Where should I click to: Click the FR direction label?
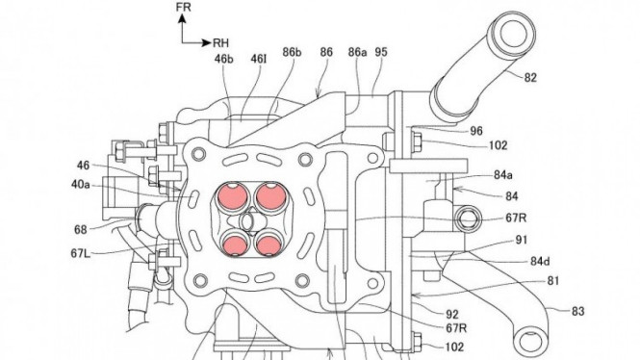(183, 7)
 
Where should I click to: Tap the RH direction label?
(220, 43)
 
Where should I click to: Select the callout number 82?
(529, 78)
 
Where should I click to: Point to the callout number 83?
(577, 312)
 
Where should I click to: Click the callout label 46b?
(224, 59)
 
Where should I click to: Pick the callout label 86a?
(358, 52)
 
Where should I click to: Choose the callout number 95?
(381, 52)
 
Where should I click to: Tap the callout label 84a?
(503, 175)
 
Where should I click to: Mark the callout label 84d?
(540, 261)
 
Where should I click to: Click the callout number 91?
(522, 240)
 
